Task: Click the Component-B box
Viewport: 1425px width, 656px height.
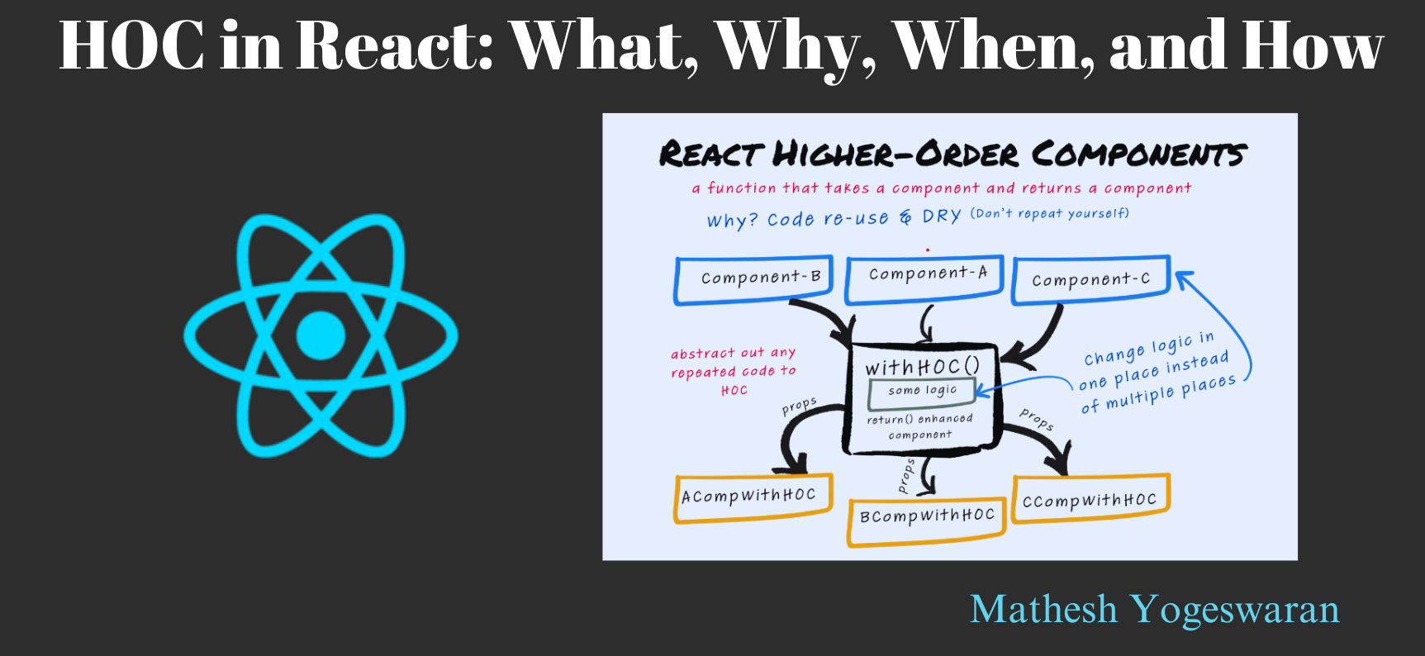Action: pos(753,279)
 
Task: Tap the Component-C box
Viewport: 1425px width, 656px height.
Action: pos(1090,280)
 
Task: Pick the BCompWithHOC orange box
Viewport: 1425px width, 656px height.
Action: pos(926,519)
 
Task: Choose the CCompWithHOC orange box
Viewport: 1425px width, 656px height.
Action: pos(1090,500)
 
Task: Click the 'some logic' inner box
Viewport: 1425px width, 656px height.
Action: pos(922,392)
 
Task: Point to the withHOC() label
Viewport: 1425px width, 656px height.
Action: pos(922,366)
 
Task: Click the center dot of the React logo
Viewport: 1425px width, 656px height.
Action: pos(320,335)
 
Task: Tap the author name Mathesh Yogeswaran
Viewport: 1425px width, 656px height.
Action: pos(1154,610)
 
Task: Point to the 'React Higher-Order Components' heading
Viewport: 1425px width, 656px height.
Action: pos(952,154)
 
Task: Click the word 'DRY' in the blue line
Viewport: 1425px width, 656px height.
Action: pos(941,216)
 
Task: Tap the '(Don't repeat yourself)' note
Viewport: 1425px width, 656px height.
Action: pos(1049,214)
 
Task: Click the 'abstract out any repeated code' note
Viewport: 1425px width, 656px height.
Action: pos(733,371)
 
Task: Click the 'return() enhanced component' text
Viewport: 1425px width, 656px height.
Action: pos(919,427)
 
